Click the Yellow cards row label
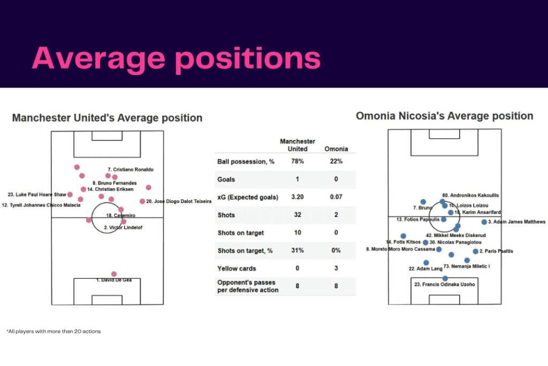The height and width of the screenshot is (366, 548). tap(237, 268)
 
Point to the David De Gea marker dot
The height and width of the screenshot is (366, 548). tap(113, 274)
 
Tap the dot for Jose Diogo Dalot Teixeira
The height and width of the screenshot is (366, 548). tap(142, 201)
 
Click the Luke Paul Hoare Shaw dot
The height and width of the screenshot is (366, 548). tap(70, 195)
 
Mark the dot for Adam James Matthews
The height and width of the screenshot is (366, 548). tap(484, 222)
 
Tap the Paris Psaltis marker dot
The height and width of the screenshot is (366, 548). tap(475, 251)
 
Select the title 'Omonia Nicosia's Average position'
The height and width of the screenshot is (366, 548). tap(445, 116)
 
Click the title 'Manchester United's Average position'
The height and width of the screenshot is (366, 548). tap(107, 118)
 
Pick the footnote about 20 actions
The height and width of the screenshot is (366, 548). tap(54, 331)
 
